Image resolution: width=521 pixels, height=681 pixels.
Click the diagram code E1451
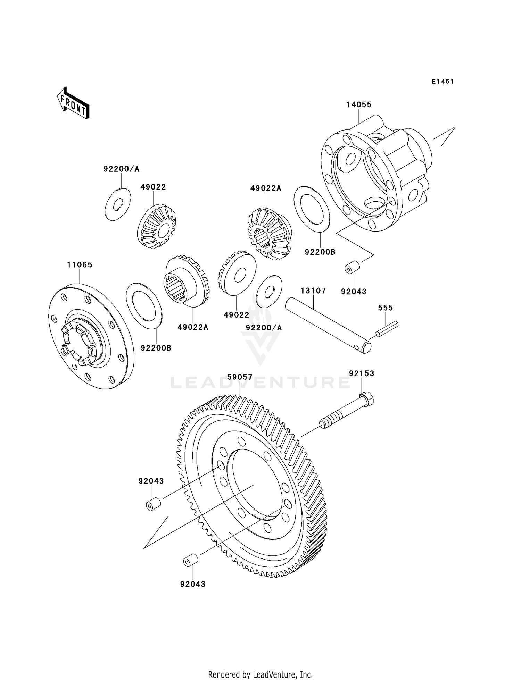point(443,82)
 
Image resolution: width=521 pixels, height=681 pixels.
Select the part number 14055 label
point(358,104)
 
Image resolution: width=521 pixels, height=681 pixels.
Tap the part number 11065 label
point(80,265)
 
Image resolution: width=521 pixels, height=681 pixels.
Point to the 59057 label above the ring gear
point(240,377)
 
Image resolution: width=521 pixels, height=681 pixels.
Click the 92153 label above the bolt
point(362,373)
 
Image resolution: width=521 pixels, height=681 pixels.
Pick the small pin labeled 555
point(387,329)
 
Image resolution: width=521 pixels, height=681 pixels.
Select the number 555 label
point(385,308)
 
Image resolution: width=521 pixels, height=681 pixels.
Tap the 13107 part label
point(313,291)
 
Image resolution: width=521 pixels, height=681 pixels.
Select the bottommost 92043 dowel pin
point(190,560)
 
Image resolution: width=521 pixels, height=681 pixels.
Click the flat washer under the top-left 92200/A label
point(118,204)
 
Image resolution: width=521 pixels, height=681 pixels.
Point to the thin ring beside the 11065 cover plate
point(144,305)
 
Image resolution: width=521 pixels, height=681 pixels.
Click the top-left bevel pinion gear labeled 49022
point(157,226)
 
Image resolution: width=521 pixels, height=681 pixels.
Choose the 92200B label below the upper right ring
point(320,252)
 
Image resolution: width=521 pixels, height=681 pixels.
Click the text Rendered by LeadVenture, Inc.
point(260,674)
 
